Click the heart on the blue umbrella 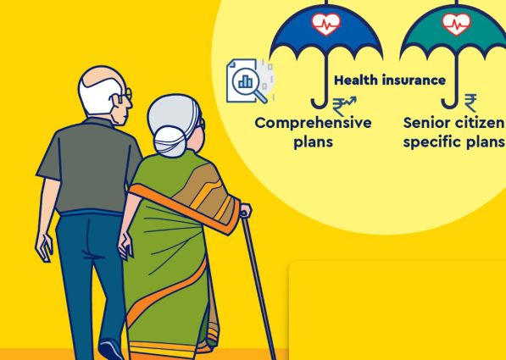pos(326,25)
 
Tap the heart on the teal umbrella pos(456,25)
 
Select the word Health pos(355,80)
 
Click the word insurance pos(413,80)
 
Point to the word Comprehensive pos(313,123)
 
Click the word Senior pos(423,123)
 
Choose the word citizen pos(475,123)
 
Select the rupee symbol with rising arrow pos(344,106)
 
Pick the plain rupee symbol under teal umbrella pos(470,102)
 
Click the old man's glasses pos(125,96)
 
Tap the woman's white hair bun pos(170,141)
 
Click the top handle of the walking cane pos(246,211)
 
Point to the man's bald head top pos(102,75)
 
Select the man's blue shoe pos(111,350)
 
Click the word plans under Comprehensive pos(313,142)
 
